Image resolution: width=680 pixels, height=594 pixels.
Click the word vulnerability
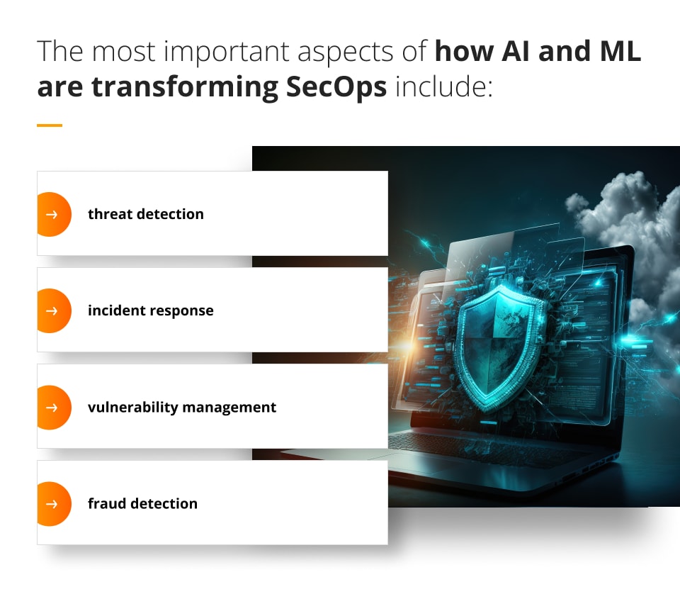pyautogui.click(x=132, y=408)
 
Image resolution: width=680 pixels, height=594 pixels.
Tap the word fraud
pyautogui.click(x=107, y=503)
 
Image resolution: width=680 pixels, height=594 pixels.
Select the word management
pyautogui.click(x=229, y=408)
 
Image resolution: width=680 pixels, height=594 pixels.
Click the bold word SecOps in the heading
pyautogui.click(x=336, y=87)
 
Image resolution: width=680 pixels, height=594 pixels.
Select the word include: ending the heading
pyautogui.click(x=443, y=86)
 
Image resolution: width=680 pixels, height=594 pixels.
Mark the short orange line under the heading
pyautogui.click(x=50, y=125)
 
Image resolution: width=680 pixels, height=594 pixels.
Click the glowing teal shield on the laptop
pyautogui.click(x=499, y=348)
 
